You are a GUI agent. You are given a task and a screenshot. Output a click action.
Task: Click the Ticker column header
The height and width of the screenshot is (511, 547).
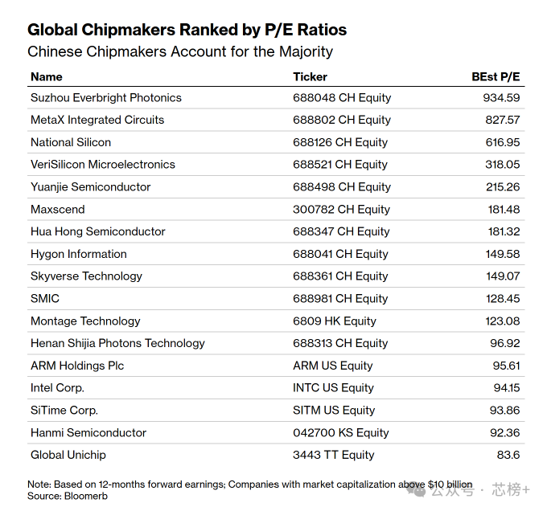(x=311, y=76)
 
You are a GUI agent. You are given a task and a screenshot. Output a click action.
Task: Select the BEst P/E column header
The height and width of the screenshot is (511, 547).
(x=496, y=76)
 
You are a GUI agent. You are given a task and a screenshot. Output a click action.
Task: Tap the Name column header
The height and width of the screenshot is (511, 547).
(x=47, y=76)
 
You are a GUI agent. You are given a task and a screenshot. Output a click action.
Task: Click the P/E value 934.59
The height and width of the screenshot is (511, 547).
(x=501, y=98)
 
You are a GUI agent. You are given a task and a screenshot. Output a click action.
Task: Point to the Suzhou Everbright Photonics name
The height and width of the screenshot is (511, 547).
(x=106, y=98)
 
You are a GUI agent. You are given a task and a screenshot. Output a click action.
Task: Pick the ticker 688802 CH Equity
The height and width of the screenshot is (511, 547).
(x=342, y=120)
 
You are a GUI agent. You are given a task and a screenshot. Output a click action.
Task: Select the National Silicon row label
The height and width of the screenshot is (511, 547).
(x=71, y=142)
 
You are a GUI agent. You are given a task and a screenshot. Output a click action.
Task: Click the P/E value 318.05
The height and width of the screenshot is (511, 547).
(x=502, y=165)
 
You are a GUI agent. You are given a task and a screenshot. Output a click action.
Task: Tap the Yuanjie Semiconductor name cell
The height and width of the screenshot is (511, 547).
(x=91, y=187)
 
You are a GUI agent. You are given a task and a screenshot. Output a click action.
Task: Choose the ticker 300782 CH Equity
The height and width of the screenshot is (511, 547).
(x=341, y=210)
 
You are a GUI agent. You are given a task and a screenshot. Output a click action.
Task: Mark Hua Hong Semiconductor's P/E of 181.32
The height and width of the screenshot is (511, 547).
(x=504, y=231)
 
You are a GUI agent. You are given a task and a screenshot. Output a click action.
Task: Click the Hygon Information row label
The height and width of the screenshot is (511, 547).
(x=79, y=254)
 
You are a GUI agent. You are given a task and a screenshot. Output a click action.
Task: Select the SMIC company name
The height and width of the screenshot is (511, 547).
(x=45, y=299)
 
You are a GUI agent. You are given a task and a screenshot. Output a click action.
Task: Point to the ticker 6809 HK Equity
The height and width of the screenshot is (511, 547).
(x=335, y=321)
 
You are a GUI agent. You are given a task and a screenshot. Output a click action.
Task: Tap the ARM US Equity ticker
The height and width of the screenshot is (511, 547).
(x=333, y=366)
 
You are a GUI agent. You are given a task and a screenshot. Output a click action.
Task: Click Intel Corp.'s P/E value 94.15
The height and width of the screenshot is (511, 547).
(x=507, y=388)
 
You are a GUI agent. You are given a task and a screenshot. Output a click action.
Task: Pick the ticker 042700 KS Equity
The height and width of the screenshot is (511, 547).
(x=341, y=433)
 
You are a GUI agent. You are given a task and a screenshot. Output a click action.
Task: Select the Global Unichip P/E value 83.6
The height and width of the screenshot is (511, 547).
(x=508, y=455)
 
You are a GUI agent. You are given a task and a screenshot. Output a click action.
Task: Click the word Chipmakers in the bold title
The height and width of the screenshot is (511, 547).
(x=129, y=30)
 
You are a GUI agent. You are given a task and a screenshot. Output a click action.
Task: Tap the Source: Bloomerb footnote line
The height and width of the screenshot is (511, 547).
(x=68, y=496)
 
